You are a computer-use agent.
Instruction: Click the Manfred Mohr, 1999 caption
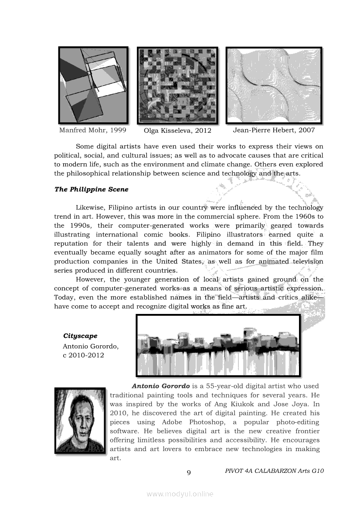tap(92, 130)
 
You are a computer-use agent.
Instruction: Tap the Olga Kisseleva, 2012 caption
tap(177, 131)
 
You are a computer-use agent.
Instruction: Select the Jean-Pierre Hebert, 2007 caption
tap(274, 130)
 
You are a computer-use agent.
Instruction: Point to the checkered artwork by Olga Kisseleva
tap(177, 85)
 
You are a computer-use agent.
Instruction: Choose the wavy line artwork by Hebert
tap(273, 85)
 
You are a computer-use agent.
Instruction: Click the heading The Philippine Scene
tap(91, 189)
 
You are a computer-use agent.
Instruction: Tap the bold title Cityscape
tap(80, 336)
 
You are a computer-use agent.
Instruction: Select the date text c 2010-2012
tap(83, 355)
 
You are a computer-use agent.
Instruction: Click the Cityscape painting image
tap(218, 345)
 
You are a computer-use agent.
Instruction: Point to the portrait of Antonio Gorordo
tap(80, 421)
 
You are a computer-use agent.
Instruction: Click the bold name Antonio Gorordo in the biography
tap(161, 386)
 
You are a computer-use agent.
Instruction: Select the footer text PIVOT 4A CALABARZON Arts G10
tap(275, 471)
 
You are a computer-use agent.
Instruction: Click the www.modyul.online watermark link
tap(180, 494)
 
